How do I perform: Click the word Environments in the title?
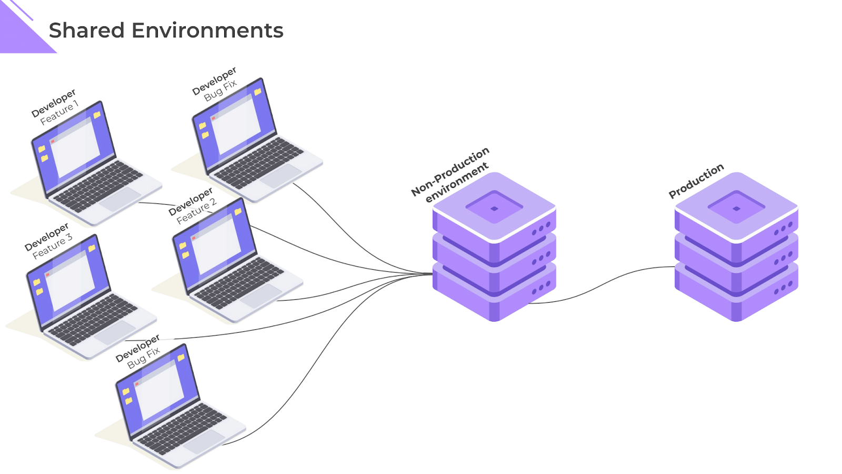(x=207, y=31)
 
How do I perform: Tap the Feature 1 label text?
(x=59, y=113)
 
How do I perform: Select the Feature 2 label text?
(x=196, y=211)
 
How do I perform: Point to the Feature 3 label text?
(x=53, y=246)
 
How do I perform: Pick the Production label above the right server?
(x=696, y=181)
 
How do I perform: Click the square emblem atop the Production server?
(x=736, y=208)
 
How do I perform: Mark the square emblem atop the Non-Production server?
(x=494, y=208)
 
